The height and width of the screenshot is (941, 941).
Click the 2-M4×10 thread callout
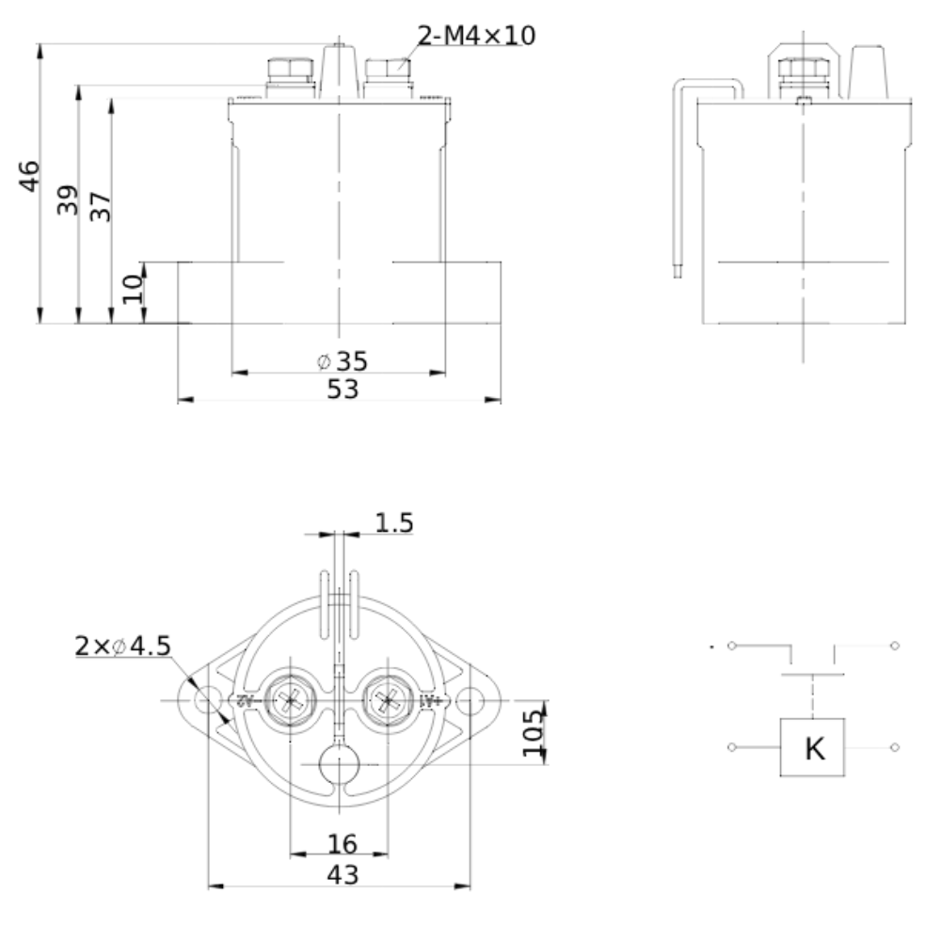(x=476, y=37)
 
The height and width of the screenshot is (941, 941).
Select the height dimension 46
(x=30, y=176)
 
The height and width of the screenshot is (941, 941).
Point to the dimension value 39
(x=67, y=199)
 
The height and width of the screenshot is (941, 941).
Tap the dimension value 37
(x=100, y=206)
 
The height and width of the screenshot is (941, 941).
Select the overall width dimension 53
(x=343, y=389)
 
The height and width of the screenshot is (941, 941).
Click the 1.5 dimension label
(x=393, y=523)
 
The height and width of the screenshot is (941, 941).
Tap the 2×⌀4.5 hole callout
(x=122, y=646)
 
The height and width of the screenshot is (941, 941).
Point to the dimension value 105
(x=534, y=732)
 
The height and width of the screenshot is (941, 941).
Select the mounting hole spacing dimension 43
(x=342, y=874)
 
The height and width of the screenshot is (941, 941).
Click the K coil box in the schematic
(x=812, y=748)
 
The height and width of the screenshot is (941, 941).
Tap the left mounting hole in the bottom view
(x=205, y=700)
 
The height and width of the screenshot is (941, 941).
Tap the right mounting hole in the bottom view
(x=470, y=700)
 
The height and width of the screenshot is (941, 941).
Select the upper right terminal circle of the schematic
(x=894, y=646)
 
